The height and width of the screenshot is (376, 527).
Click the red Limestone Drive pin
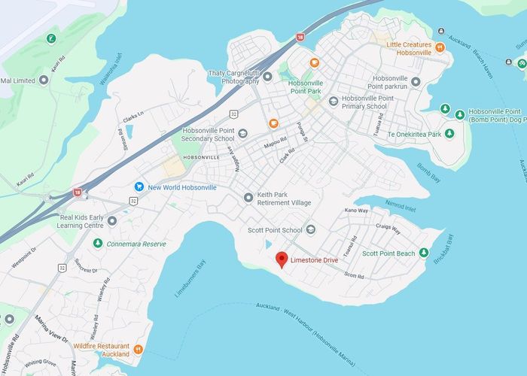pyautogui.click(x=282, y=259)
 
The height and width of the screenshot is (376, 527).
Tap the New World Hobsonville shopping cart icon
pyautogui.click(x=139, y=186)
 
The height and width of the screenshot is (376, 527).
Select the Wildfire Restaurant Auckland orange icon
pyautogui.click(x=139, y=349)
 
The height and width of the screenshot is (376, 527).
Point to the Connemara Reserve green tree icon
pyautogui.click(x=98, y=244)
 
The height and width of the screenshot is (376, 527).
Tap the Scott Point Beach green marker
pyautogui.click(x=424, y=253)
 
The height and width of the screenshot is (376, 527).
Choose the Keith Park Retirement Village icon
pyautogui.click(x=249, y=198)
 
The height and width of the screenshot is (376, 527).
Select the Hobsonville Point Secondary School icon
pyautogui.click(x=242, y=135)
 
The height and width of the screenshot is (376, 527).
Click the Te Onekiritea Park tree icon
pyautogui.click(x=449, y=134)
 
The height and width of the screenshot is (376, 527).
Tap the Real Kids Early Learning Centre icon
pyautogui.click(x=112, y=221)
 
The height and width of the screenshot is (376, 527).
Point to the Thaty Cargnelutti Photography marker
pyautogui.click(x=268, y=77)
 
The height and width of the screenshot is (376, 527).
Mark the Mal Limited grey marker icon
pyautogui.click(x=44, y=80)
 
